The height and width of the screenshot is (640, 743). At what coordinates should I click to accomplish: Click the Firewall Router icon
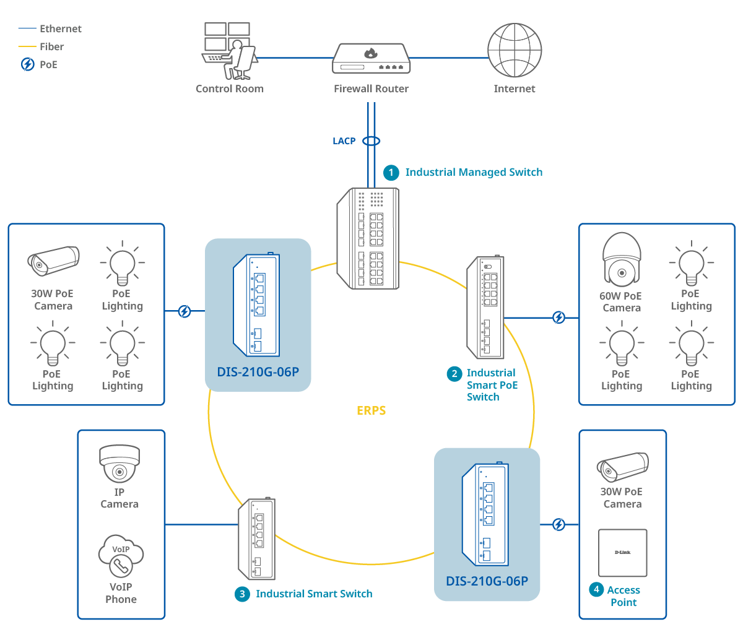coord(371,59)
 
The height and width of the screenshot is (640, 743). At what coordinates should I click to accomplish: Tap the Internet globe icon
coord(515,50)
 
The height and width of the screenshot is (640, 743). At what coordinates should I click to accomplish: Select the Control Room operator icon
coord(228,51)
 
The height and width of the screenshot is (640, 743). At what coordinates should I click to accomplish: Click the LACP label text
coord(344,141)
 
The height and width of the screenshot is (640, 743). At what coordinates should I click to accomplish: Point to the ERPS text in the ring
coord(371,410)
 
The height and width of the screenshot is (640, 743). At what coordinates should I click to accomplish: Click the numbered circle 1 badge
coord(391,173)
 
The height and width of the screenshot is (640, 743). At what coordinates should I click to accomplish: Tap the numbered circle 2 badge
coord(454,374)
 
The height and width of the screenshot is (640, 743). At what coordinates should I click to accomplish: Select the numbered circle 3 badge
coord(242,594)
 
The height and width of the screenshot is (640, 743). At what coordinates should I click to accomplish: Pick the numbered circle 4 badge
coord(596,589)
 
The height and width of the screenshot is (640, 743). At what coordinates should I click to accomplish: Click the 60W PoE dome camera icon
coord(622,259)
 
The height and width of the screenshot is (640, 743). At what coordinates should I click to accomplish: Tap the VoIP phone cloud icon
coord(121,556)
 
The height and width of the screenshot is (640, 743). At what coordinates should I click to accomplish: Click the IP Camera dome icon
coord(119,464)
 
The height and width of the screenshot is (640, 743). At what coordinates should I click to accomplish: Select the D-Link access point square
coord(622,553)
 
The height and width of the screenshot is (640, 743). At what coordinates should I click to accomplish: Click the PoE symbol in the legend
coord(28,64)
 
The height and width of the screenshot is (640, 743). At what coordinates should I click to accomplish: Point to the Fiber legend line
coord(27,46)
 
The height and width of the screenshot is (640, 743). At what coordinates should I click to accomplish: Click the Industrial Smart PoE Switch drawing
coord(486,308)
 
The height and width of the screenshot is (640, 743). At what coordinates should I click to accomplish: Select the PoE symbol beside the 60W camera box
coord(558,318)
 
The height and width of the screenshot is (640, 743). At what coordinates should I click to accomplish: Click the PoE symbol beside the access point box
coord(558,525)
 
